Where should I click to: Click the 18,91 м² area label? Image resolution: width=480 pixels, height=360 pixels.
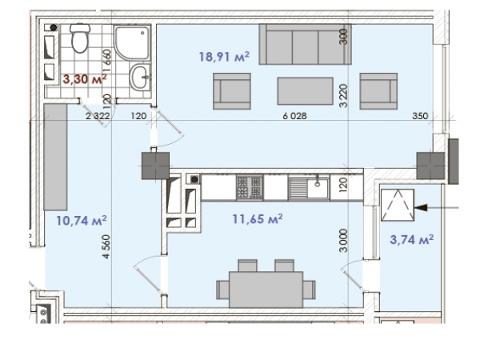224,57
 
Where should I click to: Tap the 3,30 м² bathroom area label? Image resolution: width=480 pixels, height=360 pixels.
85,79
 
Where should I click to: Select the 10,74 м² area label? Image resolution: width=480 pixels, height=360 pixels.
82,220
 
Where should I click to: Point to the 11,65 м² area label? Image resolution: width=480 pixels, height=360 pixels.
258,218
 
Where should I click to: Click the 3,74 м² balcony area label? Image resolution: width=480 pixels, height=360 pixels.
412,239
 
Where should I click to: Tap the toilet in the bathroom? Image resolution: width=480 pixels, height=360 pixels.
80,38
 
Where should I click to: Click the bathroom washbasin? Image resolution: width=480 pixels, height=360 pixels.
141,78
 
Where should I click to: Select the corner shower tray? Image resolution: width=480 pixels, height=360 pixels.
132,42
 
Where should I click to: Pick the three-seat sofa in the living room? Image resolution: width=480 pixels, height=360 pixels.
305,44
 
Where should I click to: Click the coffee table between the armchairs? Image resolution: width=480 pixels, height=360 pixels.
306,91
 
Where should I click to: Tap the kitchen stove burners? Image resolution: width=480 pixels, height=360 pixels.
250,187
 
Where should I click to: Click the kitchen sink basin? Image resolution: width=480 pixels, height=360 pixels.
318,186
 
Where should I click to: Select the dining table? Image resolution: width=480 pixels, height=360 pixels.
266,290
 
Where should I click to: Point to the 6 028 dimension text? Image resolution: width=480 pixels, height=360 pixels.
294,116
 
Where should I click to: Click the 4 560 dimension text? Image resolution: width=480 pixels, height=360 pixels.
106,246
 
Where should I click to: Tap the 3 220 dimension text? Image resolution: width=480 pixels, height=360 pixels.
343,96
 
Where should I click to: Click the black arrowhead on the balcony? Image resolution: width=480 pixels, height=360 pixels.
420,208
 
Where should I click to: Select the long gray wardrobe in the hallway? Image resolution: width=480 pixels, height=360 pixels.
55,157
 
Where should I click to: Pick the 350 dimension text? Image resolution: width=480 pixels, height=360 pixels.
420,116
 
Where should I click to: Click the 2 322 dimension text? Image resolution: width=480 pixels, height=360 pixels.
98,116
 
